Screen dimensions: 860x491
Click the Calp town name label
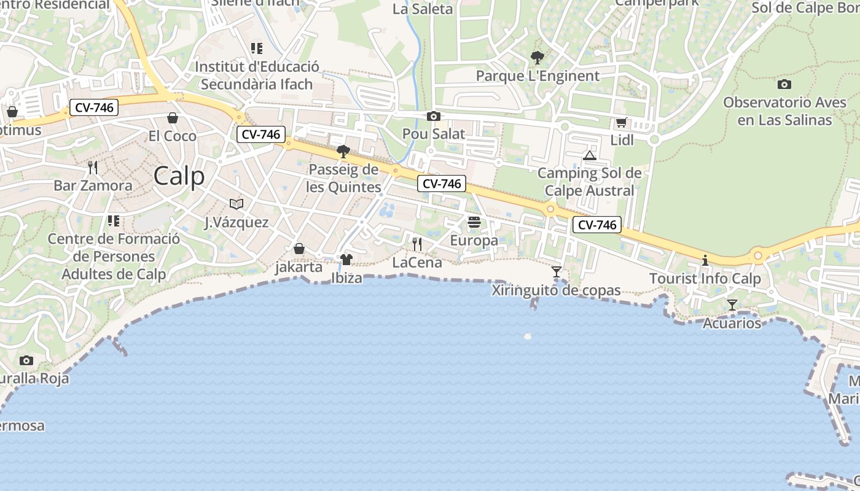(x=179, y=177)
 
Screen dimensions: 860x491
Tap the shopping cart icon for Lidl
(x=622, y=123)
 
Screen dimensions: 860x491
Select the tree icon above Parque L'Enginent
(x=537, y=58)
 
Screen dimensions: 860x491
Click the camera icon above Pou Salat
(x=433, y=116)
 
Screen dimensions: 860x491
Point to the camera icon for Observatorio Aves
(x=784, y=84)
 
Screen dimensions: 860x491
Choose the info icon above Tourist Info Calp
(x=705, y=261)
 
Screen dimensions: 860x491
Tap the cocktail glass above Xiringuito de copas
(x=557, y=271)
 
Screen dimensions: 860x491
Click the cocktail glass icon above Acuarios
(x=732, y=304)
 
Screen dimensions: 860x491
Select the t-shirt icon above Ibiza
(x=346, y=260)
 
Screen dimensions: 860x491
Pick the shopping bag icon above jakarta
(x=299, y=249)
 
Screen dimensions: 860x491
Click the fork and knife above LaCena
(x=417, y=244)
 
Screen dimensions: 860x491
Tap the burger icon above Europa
(x=474, y=222)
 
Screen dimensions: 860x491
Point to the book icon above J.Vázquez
(x=237, y=204)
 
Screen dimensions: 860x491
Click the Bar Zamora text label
(x=93, y=185)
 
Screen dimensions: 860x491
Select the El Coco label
(x=173, y=136)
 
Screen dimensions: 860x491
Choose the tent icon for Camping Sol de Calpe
(x=590, y=155)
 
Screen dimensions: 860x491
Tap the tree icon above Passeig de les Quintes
(x=343, y=152)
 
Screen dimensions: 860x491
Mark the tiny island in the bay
(x=527, y=336)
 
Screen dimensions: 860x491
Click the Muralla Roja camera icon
(x=26, y=360)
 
